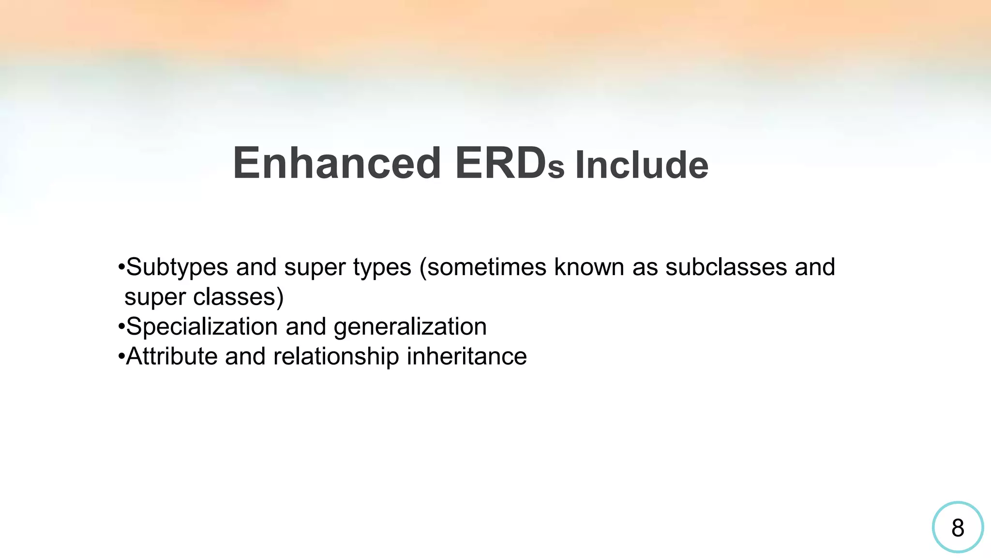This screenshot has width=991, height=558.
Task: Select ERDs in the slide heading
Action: point(509,164)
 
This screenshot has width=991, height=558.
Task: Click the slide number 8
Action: point(957,527)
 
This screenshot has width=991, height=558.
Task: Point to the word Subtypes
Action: point(177,267)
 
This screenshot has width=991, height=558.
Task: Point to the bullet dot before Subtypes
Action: point(121,267)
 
